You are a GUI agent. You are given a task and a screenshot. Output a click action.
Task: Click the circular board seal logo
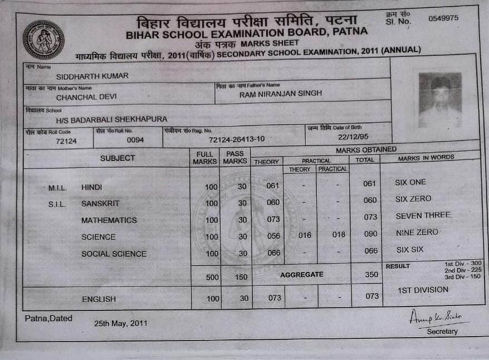click(43, 40)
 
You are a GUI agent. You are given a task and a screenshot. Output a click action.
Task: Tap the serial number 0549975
click(443, 18)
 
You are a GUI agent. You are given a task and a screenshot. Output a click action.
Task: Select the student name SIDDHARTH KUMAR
click(92, 76)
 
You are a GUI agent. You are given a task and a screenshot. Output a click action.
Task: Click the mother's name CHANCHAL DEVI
click(86, 97)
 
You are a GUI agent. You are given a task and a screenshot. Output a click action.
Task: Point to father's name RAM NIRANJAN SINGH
click(281, 94)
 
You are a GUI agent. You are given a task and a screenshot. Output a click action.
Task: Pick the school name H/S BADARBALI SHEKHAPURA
click(111, 119)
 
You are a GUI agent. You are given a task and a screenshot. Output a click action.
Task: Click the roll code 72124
click(66, 142)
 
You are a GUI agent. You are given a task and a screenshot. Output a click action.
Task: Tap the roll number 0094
click(135, 140)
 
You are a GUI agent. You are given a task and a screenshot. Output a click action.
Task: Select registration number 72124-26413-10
click(237, 139)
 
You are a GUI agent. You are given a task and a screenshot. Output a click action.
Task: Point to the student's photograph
click(440, 100)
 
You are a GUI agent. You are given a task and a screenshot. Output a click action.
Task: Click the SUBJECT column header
click(118, 158)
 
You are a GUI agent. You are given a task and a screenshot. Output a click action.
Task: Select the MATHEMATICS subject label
click(109, 220)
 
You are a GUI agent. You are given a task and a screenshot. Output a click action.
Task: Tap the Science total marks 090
click(370, 235)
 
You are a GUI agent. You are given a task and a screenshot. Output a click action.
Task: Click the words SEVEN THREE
click(423, 216)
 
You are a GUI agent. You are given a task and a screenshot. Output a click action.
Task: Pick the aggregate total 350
click(371, 275)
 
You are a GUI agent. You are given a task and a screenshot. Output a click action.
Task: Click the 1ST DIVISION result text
click(423, 290)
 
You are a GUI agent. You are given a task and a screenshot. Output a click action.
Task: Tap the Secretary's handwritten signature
click(438, 317)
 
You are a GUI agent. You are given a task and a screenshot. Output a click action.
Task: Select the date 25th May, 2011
click(120, 323)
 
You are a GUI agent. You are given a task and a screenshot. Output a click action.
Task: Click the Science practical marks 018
click(339, 235)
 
